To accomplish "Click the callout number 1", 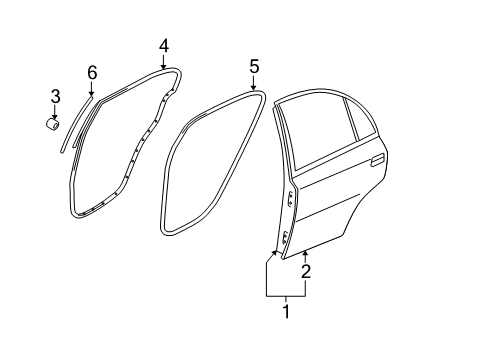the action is coord(286,311).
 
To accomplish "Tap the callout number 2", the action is coord(306,272).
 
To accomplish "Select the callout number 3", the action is coord(55,96).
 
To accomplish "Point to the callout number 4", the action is coord(164,47).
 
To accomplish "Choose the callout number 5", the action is coord(254,67).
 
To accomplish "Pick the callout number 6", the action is coord(92,72).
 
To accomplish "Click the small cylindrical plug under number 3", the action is coord(53,124).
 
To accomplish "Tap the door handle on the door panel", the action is coord(378,160).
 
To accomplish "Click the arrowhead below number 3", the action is coord(55,115).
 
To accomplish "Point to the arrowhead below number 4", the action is coord(163,66).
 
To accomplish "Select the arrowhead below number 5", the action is coord(254,87).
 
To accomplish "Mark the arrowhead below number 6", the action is coord(91,93).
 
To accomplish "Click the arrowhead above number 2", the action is coord(305,255).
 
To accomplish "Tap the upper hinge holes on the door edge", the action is coord(291,199).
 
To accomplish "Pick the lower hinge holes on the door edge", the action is coord(285,237).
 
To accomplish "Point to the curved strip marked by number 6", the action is coord(75,123).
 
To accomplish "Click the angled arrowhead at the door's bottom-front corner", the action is coord(275,253).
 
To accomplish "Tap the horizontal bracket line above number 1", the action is coord(286,296).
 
